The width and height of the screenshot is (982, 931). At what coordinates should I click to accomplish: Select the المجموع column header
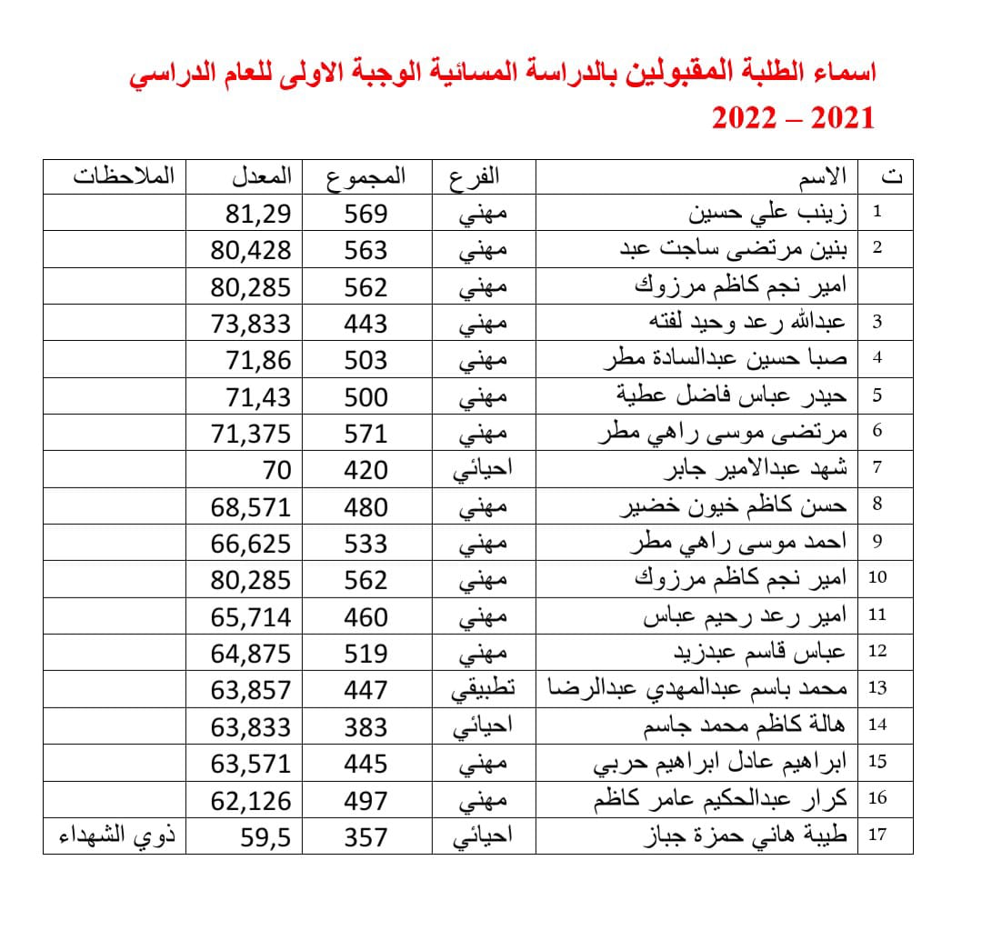pyautogui.click(x=366, y=175)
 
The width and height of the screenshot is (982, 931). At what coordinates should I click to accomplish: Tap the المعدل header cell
pyautogui.click(x=261, y=175)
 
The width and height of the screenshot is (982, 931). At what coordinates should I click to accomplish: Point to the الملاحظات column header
pyautogui.click(x=124, y=175)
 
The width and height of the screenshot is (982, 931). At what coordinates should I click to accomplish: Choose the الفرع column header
pyautogui.click(x=475, y=175)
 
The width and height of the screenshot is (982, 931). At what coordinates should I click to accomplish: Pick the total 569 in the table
pyautogui.click(x=366, y=214)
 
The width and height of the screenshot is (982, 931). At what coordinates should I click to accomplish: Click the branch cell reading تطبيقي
pyautogui.click(x=484, y=689)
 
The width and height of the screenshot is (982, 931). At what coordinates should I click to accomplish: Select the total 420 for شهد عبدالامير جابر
pyautogui.click(x=366, y=470)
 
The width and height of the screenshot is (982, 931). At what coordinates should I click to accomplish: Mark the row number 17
pyautogui.click(x=877, y=836)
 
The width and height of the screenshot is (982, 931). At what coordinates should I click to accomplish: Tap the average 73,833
pyautogui.click(x=251, y=324)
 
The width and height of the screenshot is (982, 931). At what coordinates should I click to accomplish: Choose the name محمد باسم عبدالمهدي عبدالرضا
pyautogui.click(x=696, y=689)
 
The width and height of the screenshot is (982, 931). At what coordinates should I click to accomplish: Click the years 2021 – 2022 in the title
pyautogui.click(x=792, y=118)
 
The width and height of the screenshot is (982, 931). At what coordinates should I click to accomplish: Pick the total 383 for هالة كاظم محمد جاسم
pyautogui.click(x=366, y=726)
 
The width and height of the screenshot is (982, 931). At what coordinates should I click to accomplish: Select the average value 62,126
pyautogui.click(x=251, y=800)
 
